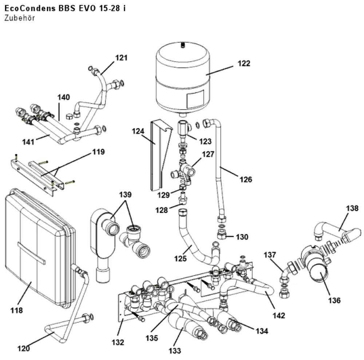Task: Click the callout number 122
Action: pos(244,63)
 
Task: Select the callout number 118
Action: pos(16,310)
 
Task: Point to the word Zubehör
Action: pos(20,18)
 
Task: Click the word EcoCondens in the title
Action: pos(30,8)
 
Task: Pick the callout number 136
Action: pos(334,300)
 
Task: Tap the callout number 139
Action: pos(125,195)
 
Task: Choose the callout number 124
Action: pos(138,131)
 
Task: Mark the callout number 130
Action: pos(242,237)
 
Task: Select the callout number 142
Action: pos(278,316)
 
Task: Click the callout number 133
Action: pos(175,351)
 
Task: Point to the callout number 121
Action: pos(122,57)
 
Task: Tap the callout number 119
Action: pos(98,152)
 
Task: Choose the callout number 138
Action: pos(352,208)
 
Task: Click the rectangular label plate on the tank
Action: pos(195,99)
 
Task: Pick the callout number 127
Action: pos(208,154)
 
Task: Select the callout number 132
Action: pos(118,342)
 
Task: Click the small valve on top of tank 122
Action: pos(183,44)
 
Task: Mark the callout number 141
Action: pos(28,142)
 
